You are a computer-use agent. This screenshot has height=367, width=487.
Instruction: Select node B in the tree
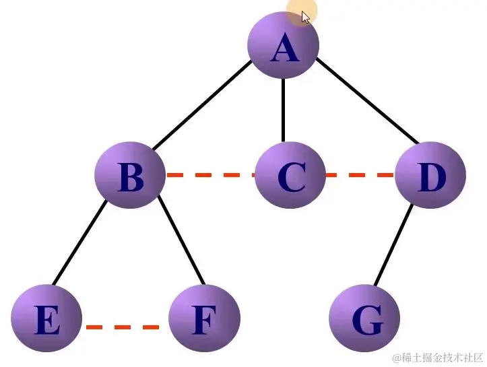130,177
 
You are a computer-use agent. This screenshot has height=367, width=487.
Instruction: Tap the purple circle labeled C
290,176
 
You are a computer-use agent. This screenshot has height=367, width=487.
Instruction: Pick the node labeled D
430,176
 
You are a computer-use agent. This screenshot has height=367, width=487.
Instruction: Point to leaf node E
46,319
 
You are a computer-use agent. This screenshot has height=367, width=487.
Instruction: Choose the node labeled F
203,319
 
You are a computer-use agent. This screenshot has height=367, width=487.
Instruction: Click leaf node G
365,319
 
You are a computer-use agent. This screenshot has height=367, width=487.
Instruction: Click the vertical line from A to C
283,111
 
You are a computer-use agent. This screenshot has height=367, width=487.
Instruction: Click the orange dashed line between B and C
210,175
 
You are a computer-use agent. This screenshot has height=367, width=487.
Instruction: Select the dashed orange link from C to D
360,175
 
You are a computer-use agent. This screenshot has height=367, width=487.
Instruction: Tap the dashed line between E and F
124,327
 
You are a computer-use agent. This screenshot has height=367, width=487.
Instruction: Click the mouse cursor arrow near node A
306,17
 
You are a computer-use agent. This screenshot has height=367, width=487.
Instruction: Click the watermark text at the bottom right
438,356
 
